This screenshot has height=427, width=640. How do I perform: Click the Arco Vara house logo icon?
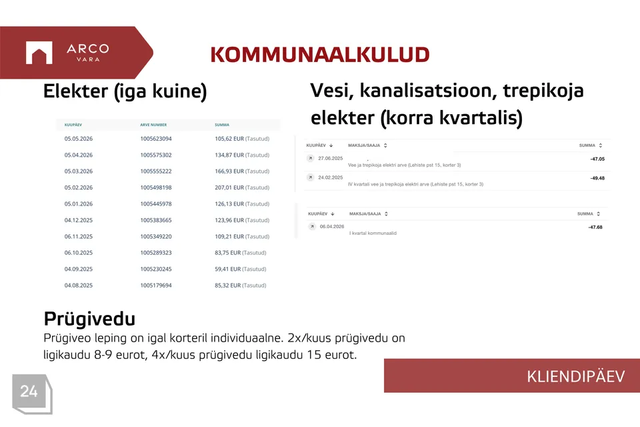(39, 53)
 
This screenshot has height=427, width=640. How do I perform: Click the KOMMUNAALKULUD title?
(320, 55)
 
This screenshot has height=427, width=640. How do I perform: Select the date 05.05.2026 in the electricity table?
(79, 139)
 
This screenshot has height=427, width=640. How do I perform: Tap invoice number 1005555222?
(156, 171)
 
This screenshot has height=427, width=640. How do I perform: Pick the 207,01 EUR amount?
(229, 187)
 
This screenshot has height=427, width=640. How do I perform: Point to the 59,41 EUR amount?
(228, 270)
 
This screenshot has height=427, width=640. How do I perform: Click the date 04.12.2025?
(79, 220)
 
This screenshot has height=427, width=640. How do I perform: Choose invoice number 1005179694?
(156, 286)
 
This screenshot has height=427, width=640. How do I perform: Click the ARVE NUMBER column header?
(153, 125)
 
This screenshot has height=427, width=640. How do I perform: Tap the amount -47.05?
(597, 159)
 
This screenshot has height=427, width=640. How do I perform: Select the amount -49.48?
(597, 178)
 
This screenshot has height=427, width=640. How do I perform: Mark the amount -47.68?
(595, 228)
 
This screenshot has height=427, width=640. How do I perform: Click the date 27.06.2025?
(331, 159)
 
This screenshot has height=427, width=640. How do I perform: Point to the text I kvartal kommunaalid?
(373, 234)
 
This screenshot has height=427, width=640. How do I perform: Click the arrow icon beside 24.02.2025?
(311, 177)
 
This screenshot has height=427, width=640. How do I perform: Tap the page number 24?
(29, 392)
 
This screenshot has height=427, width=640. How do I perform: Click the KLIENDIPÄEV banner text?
(575, 376)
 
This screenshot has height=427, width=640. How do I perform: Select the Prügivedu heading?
(89, 319)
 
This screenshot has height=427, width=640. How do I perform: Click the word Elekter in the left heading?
(76, 91)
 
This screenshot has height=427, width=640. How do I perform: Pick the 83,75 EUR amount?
(228, 253)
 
